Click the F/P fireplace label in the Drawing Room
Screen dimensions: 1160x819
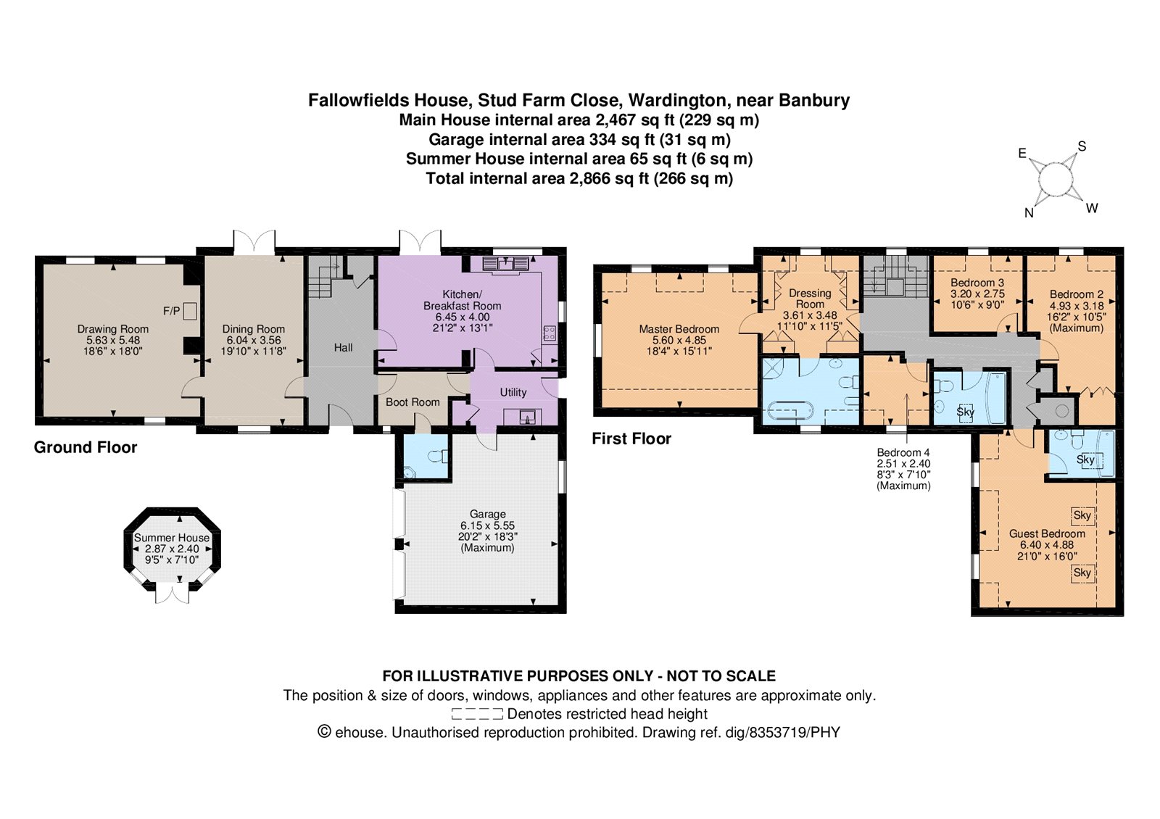click(171, 311)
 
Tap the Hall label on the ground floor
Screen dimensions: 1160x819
click(344, 348)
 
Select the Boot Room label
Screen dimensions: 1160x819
click(413, 402)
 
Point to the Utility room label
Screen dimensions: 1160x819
click(513, 392)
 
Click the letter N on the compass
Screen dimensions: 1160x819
click(1029, 213)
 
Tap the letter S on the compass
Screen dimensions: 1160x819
click(1082, 146)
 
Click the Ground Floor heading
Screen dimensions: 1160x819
click(86, 447)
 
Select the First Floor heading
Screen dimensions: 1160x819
click(631, 439)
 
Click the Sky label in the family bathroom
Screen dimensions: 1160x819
click(965, 412)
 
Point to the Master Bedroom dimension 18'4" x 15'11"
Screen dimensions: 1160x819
click(679, 352)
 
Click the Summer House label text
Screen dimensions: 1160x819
click(172, 538)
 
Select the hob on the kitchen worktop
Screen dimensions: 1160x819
click(549, 333)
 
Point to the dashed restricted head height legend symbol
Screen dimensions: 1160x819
click(477, 714)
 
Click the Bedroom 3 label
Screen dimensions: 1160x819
click(977, 283)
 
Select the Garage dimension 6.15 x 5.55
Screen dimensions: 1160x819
click(488, 525)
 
